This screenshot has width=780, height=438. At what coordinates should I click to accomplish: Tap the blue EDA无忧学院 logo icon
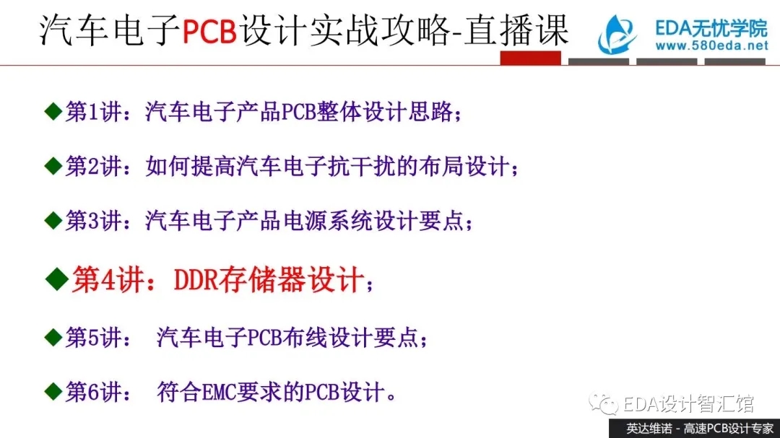pos(617,35)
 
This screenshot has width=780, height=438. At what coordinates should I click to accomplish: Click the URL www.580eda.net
pos(712,45)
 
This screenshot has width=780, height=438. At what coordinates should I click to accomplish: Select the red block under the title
pos(530,58)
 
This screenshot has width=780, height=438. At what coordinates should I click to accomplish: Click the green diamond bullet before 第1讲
pos(53,111)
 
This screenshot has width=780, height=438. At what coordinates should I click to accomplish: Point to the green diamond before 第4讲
pos(57,279)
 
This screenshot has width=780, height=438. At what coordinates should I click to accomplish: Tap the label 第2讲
pos(93,166)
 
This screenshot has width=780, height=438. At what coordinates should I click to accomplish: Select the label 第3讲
pos(93,220)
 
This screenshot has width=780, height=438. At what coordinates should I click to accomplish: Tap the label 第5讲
pos(93,338)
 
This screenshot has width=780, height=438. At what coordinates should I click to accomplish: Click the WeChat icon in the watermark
pos(603,403)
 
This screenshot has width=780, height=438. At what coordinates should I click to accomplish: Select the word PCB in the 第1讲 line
pos(299,112)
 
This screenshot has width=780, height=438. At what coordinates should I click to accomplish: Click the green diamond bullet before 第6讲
pos(53,392)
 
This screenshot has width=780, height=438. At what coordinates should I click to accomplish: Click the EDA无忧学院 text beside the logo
pos(711,28)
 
